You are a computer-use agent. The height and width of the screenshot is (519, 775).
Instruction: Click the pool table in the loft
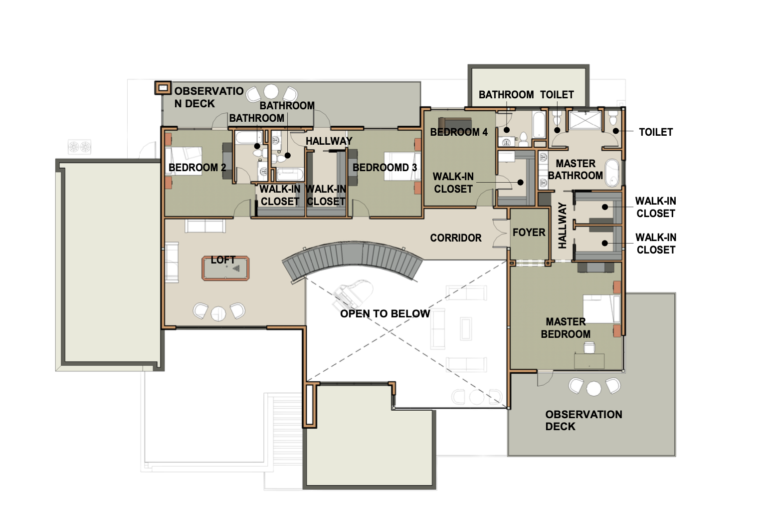coord(225,268)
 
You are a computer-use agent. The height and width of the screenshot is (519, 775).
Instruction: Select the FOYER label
coord(529,233)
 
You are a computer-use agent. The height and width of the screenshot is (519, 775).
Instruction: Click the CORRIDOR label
coord(456,238)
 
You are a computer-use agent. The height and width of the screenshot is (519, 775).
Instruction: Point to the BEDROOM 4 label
coord(459,132)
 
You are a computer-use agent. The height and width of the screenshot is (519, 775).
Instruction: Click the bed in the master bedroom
coord(601,309)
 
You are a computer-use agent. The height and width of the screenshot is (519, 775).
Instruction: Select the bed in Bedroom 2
coord(184,161)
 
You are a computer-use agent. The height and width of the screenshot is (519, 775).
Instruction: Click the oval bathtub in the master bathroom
coord(612,172)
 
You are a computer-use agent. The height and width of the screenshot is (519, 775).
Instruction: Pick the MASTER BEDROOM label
coord(566,328)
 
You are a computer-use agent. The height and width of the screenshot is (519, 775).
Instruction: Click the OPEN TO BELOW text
coord(385,314)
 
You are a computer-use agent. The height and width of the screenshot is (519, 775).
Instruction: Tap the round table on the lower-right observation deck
coord(594,388)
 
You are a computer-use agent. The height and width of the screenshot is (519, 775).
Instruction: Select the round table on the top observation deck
coord(271,92)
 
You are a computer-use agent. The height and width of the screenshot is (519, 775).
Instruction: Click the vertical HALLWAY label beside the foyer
coord(563,226)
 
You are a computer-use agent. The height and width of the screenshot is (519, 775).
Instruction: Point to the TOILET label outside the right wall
coord(656,132)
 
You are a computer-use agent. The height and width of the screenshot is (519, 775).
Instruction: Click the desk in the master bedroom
coord(589,361)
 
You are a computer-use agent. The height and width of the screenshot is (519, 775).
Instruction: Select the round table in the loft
coord(218,313)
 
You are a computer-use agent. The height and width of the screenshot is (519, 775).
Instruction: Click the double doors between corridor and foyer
coord(500,233)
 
